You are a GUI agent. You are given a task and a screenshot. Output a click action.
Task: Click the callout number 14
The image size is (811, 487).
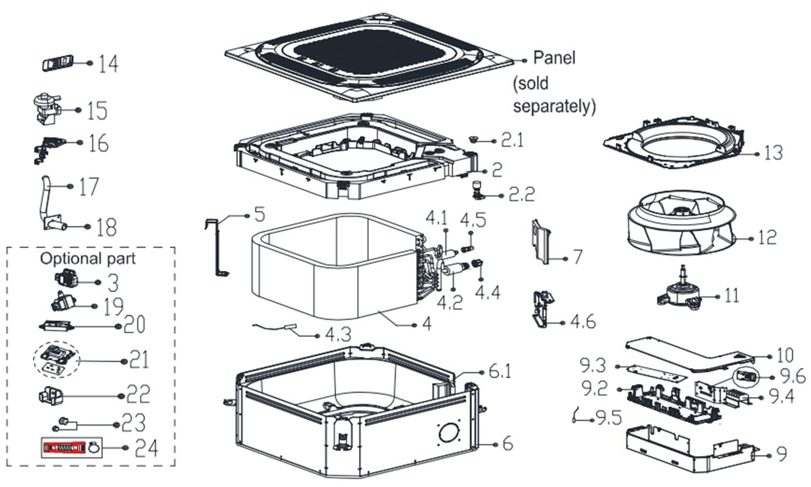pos(108,63)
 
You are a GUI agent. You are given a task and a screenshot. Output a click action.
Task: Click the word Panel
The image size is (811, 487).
pos(554,58)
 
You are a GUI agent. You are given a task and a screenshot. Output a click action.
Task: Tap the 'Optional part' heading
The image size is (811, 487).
pos(88,258)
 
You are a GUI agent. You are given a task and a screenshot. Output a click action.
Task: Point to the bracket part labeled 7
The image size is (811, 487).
pos(542,242)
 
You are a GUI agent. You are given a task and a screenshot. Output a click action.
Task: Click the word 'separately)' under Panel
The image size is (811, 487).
pos(554,106)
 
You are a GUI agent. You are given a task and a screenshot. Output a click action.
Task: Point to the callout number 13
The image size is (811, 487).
pos(773,153)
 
